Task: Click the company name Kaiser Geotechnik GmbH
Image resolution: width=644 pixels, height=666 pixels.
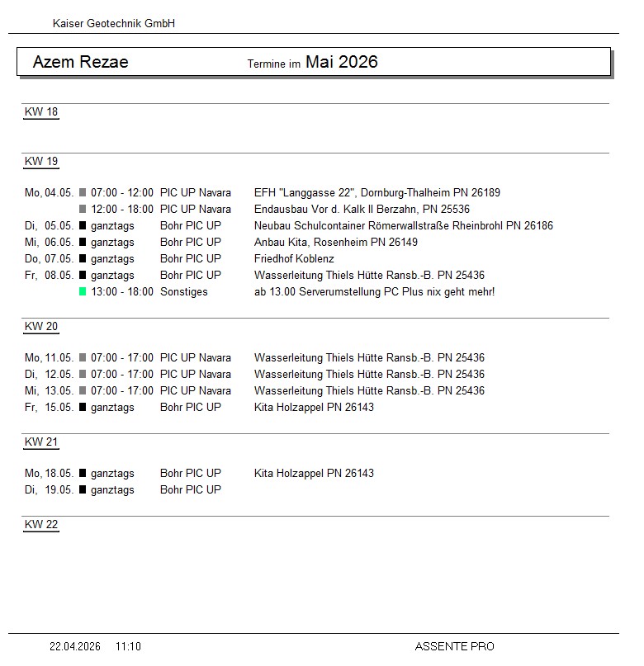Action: [114, 24]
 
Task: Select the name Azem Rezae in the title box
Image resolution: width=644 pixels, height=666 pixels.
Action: [80, 62]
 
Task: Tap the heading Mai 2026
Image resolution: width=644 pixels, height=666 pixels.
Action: [341, 62]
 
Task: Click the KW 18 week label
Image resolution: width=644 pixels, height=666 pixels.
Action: [41, 112]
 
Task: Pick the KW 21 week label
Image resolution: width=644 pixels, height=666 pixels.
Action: [41, 442]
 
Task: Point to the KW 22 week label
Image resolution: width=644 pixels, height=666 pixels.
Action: [41, 525]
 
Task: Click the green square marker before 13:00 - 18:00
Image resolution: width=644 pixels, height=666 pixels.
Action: [83, 291]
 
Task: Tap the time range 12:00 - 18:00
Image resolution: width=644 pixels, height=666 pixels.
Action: [122, 209]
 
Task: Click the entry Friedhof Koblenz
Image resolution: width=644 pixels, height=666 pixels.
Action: [294, 258]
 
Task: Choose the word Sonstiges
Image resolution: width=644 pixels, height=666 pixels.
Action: [184, 291]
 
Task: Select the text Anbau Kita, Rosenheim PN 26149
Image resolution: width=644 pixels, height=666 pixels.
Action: [336, 242]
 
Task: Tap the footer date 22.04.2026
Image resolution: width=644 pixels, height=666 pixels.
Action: [75, 646]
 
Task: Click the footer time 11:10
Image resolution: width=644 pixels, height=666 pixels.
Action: [128, 646]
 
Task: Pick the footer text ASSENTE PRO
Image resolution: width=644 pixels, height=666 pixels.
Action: [454, 646]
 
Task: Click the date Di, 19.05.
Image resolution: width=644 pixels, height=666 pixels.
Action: [50, 489]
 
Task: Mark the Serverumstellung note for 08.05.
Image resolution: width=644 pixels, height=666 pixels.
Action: [375, 291]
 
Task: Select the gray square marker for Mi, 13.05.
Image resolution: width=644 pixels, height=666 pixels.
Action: [83, 390]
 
